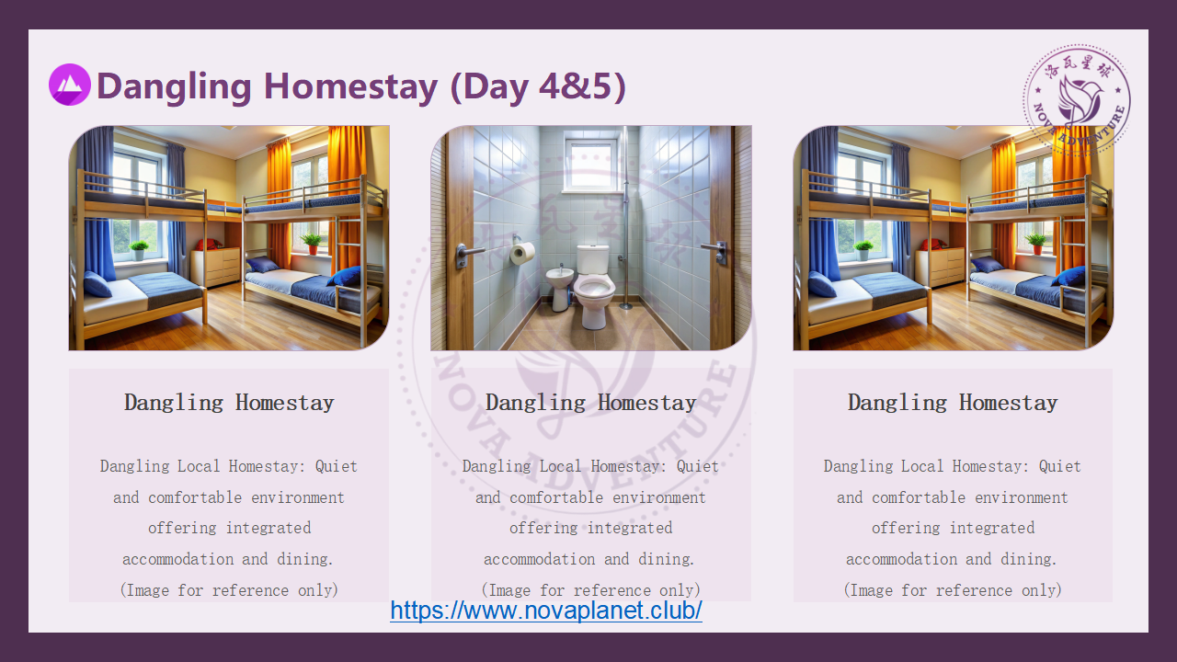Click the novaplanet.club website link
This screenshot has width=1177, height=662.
[x=546, y=611]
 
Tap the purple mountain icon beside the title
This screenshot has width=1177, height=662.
[x=69, y=85]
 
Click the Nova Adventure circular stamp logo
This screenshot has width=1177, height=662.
[x=1077, y=100]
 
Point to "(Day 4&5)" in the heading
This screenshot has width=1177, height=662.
[x=538, y=86]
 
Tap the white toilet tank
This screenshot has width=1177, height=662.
[x=593, y=259]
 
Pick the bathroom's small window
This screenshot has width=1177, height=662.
[x=591, y=164]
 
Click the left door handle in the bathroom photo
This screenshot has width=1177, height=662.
[x=468, y=254]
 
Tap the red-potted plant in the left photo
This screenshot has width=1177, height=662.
[x=312, y=244]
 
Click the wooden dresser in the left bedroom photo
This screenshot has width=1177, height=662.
[x=216, y=268]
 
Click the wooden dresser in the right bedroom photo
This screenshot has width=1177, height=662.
[x=941, y=268]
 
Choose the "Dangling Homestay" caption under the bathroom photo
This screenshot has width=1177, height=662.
[x=591, y=403]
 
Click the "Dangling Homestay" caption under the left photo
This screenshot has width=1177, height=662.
[x=229, y=403]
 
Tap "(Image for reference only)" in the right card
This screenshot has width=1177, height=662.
[x=953, y=590]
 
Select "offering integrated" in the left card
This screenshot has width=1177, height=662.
[x=229, y=528]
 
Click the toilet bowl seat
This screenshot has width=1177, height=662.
[x=594, y=287]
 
